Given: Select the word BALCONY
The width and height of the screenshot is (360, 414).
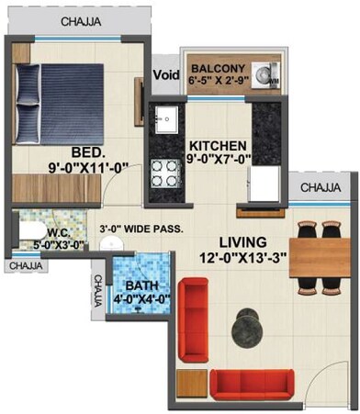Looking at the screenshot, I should pyautogui.click(x=218, y=67).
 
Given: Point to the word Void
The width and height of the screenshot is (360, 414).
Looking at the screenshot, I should pyautogui.click(x=166, y=75).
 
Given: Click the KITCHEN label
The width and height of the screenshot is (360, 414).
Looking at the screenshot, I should pyautogui.click(x=218, y=146).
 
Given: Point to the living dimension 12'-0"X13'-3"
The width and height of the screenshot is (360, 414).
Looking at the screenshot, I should pyautogui.click(x=242, y=258).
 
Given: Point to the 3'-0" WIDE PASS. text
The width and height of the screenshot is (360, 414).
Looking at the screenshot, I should pyautogui.click(x=141, y=228).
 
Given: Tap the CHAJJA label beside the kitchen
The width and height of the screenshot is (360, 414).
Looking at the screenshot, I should pyautogui.click(x=320, y=188).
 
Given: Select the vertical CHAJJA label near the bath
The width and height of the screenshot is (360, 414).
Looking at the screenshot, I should pyautogui.click(x=98, y=291).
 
